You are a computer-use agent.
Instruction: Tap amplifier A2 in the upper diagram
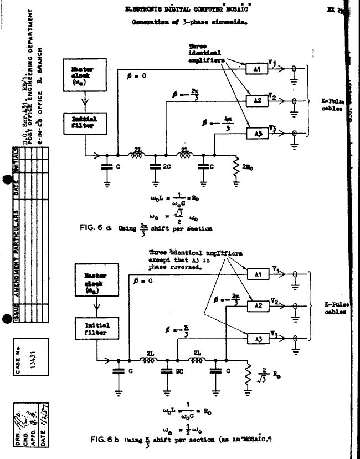pyautogui.click(x=256, y=100)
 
